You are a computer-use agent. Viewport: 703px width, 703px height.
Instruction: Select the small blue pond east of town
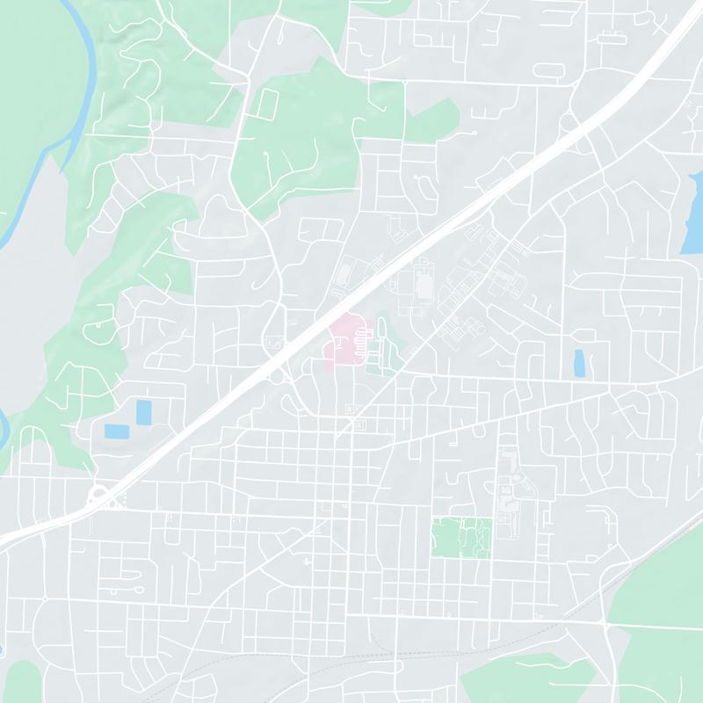pyautogui.click(x=578, y=363)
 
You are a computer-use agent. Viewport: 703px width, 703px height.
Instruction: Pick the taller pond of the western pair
pyautogui.click(x=142, y=410)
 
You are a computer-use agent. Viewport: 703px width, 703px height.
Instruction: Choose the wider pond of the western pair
pyautogui.click(x=114, y=431)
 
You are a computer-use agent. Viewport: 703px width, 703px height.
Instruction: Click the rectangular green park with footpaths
pyautogui.click(x=461, y=536)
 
